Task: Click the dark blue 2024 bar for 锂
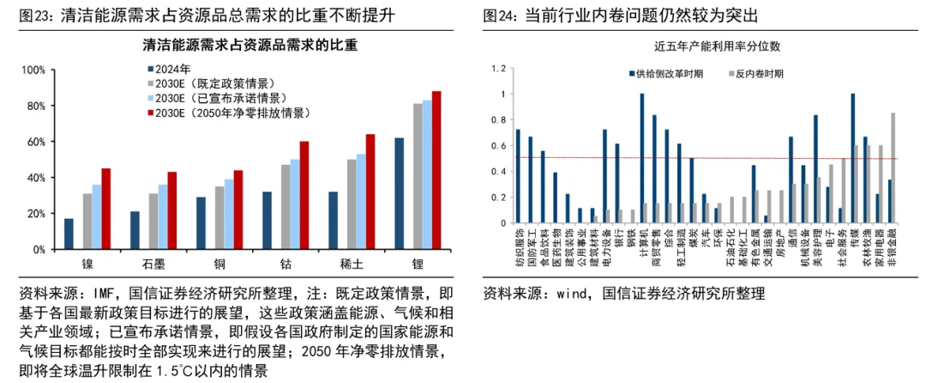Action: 400,193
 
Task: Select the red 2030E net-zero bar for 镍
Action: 105,209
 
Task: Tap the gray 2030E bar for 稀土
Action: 352,204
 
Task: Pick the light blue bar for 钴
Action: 294,204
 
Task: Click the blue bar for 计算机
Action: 642,159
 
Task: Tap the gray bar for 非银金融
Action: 893,168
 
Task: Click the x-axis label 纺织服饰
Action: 519,246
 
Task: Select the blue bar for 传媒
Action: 853,159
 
